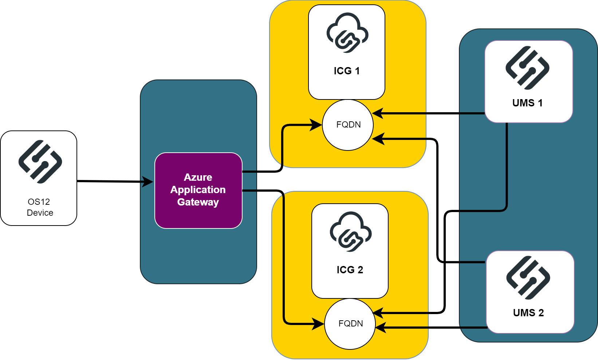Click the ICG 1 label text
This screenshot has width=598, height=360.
[347, 71]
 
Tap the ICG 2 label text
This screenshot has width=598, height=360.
[350, 270]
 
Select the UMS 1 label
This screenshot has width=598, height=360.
[527, 103]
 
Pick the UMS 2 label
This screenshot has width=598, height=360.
[528, 313]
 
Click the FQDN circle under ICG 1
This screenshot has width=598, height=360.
[348, 125]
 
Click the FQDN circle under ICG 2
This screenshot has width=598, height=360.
[350, 324]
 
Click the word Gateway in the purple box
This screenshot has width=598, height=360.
[198, 202]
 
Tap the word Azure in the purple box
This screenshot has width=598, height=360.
[198, 177]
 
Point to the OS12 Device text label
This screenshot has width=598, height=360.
[39, 207]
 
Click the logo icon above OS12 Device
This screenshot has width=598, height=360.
[40, 161]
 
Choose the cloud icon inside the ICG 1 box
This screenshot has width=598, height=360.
[347, 33]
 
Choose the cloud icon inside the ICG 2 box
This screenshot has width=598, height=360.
[350, 232]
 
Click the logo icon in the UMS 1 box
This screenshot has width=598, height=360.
[527, 68]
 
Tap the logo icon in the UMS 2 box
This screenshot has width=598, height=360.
[528, 278]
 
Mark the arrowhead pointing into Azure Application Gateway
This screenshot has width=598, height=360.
[148, 181]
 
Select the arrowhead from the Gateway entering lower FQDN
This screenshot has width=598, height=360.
[318, 324]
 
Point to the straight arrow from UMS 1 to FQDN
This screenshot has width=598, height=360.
[430, 113]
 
